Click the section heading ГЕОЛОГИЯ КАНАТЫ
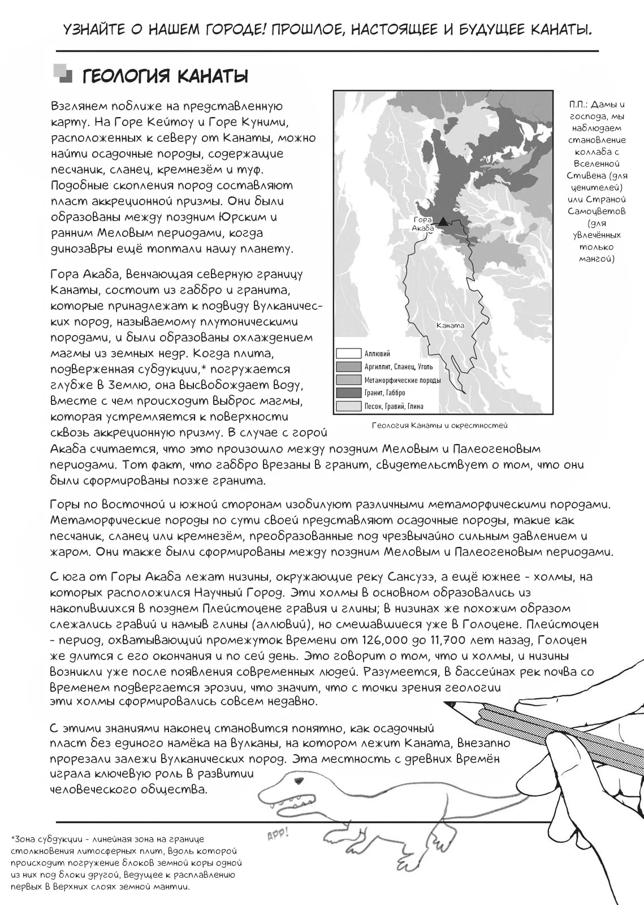(165, 76)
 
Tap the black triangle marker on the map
(444, 221)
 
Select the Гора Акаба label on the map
(422, 223)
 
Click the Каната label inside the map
(450, 325)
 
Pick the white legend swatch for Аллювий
(348, 354)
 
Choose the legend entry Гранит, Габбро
(384, 393)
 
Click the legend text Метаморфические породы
(402, 380)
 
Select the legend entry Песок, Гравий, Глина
(394, 406)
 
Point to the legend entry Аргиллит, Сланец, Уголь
(399, 367)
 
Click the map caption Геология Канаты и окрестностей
(440, 425)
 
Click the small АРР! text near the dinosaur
(277, 833)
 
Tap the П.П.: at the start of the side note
(580, 105)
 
